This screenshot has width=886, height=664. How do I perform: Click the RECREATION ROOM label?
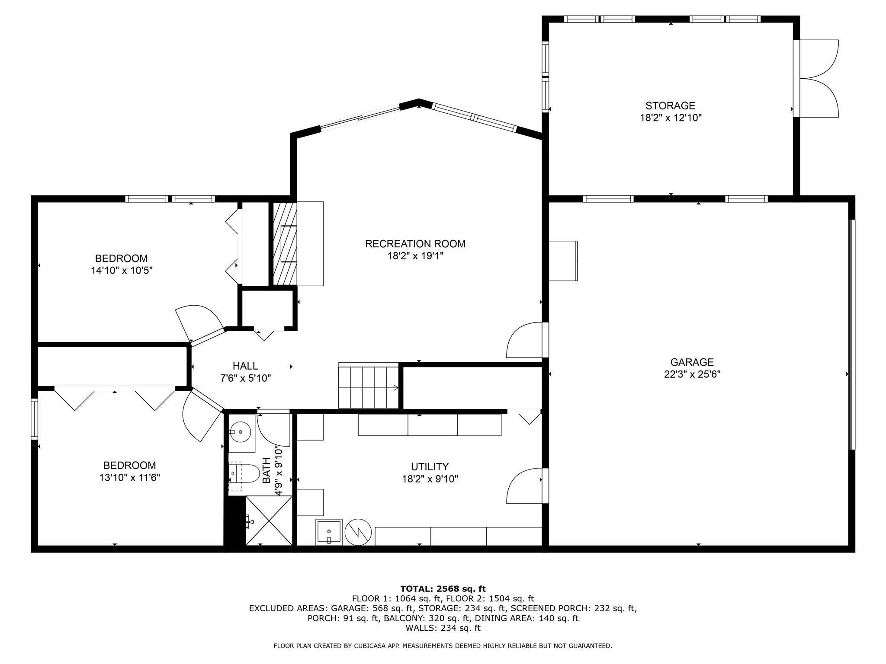click(x=415, y=244)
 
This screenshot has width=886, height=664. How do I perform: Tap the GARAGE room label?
click(x=692, y=362)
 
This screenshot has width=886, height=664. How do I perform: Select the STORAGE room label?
click(x=670, y=105)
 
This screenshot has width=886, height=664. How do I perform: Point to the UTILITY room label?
click(x=430, y=467)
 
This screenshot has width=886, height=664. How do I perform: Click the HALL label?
click(x=245, y=366)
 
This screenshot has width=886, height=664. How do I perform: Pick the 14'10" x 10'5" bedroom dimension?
click(x=122, y=271)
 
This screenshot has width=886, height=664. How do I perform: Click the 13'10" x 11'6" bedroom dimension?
click(x=129, y=478)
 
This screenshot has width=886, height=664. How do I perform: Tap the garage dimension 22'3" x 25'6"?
click(x=692, y=374)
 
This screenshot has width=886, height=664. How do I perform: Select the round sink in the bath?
click(x=241, y=432)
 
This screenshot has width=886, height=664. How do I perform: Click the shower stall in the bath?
click(x=269, y=520)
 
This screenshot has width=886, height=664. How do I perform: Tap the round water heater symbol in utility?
click(x=359, y=532)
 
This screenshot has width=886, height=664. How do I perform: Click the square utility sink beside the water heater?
click(x=329, y=532)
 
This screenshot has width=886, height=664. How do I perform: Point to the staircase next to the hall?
click(x=368, y=386)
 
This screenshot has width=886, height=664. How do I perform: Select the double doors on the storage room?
click(x=816, y=78)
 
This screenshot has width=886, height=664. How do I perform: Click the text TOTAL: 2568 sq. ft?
click(x=443, y=589)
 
